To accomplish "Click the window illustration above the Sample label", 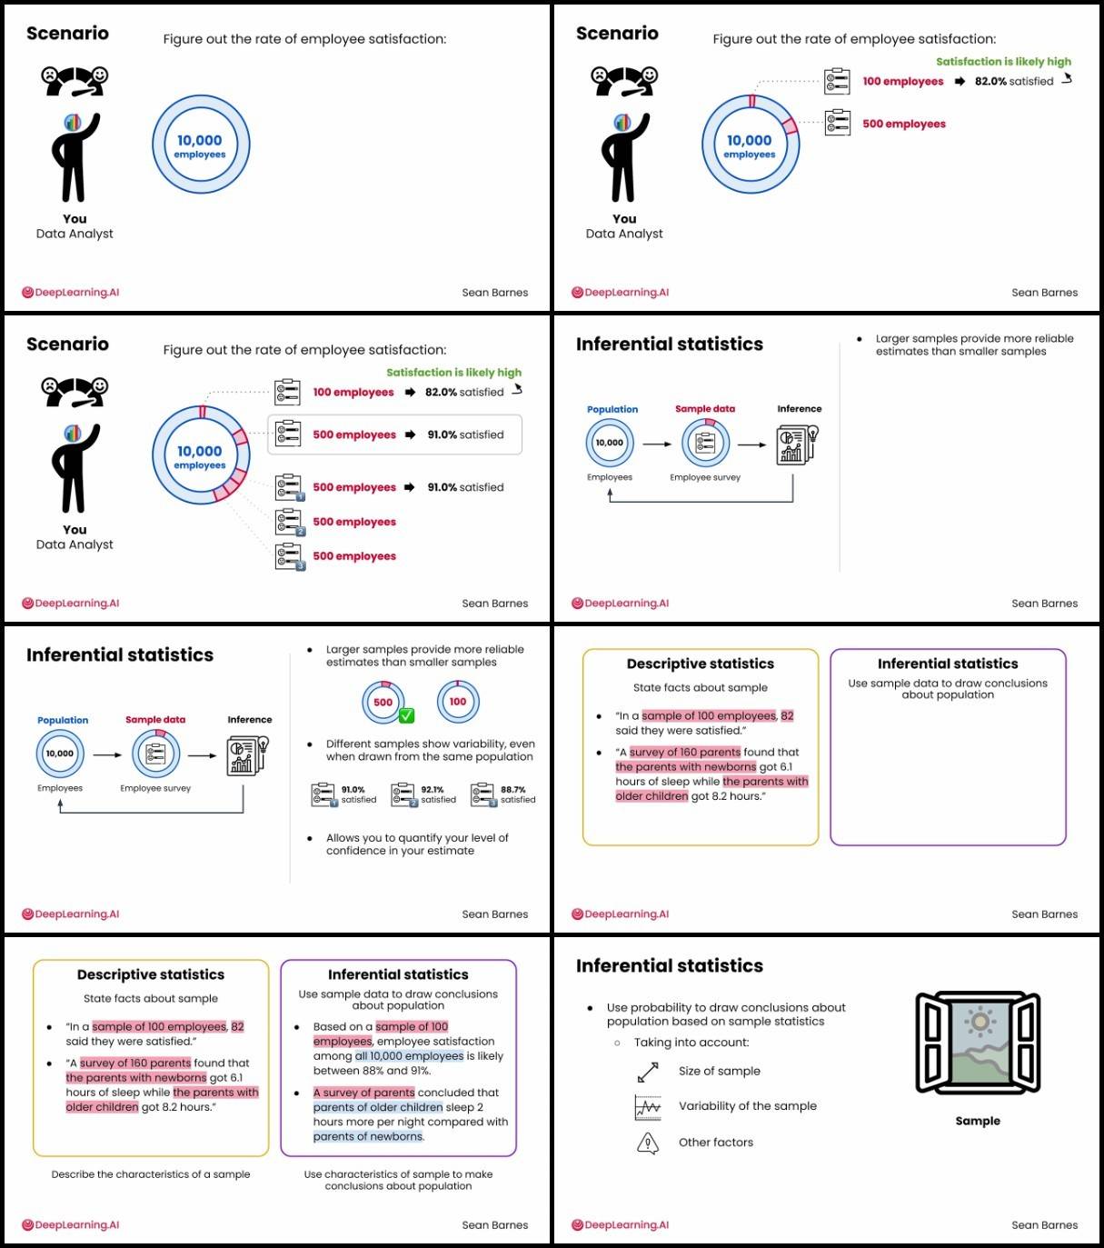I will (978, 1043).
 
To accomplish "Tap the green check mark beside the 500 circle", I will (406, 715).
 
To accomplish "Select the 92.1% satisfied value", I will (433, 790).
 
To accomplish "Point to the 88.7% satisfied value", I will (512, 790).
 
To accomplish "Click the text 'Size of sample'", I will (719, 1071).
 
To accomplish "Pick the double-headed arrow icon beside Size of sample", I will (648, 1073).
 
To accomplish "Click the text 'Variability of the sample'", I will (747, 1106).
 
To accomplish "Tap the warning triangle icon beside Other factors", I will (648, 1143).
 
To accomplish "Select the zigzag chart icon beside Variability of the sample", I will (648, 1107).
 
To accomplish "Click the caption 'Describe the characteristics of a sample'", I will (151, 1174).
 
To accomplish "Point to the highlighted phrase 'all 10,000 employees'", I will (409, 1056).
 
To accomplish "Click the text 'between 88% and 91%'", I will (372, 1071).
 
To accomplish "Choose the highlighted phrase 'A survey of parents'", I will (363, 1093).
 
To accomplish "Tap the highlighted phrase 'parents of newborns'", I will (368, 1136).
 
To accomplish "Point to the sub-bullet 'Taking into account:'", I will (691, 1043).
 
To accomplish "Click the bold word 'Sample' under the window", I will (978, 1121).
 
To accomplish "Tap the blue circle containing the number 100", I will (458, 702).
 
